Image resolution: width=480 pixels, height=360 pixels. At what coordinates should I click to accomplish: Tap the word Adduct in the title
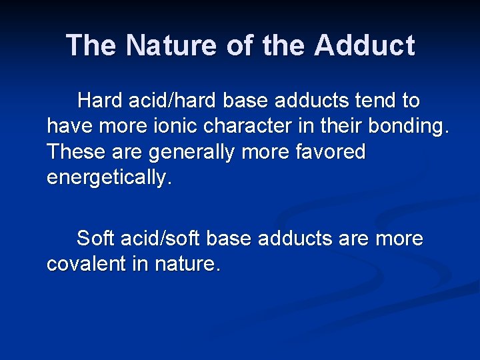tap(365, 46)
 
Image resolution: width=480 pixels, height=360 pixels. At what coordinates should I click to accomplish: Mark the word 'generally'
tap(192, 153)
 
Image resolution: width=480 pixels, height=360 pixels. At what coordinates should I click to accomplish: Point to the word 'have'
tap(68, 127)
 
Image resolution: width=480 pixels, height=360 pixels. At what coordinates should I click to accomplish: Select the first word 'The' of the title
tap(91, 46)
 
